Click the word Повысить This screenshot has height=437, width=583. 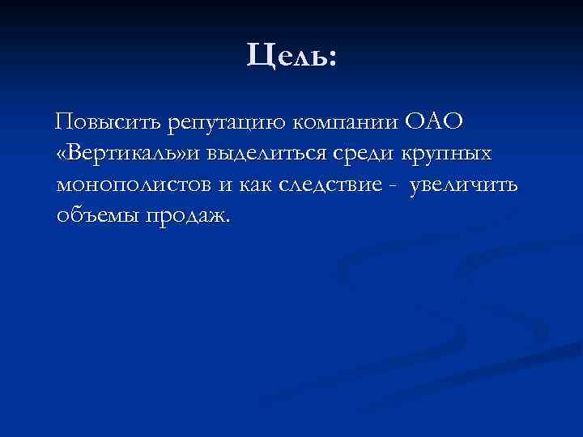108,123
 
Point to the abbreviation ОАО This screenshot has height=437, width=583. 435,123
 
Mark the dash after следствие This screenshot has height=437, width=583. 393,186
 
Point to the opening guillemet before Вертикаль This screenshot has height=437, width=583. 62,155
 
